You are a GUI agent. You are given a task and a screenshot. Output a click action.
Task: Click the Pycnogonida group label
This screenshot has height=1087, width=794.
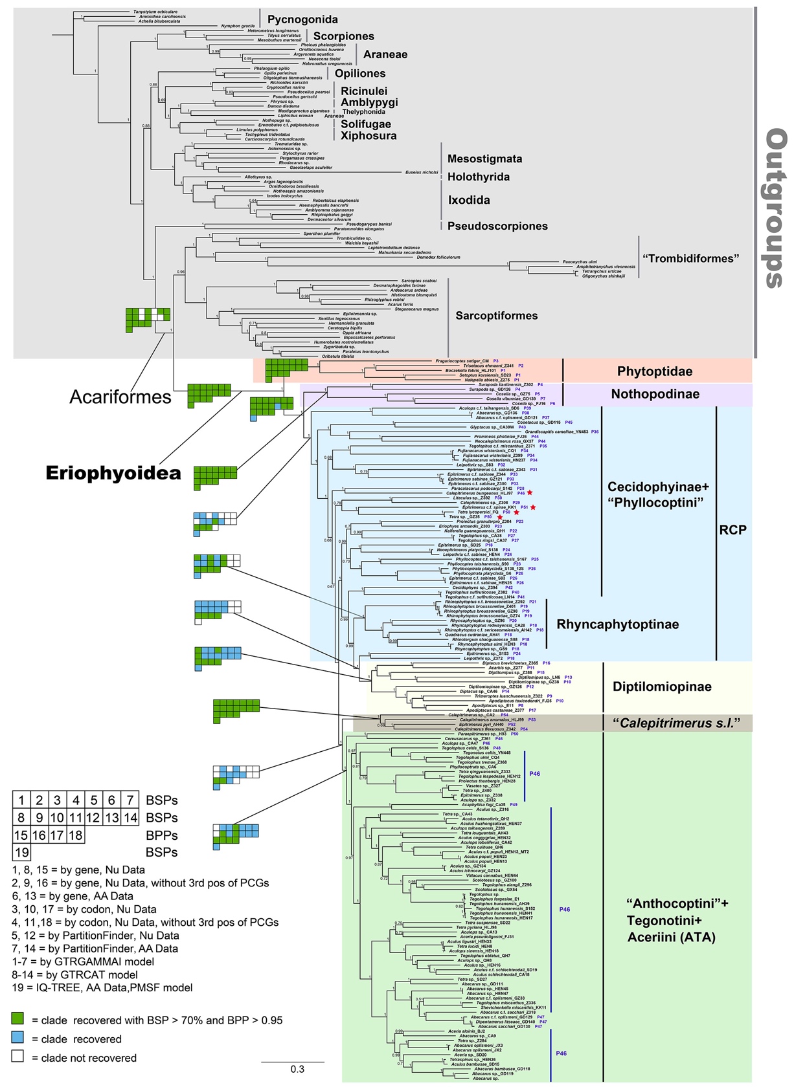pyautogui.click(x=302, y=19)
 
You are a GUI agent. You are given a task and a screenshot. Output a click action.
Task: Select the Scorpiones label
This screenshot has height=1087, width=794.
pyautogui.click(x=344, y=36)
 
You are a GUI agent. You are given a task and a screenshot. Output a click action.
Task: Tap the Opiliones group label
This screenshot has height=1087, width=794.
pyautogui.click(x=360, y=74)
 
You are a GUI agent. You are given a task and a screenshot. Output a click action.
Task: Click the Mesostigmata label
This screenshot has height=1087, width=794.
pyautogui.click(x=484, y=159)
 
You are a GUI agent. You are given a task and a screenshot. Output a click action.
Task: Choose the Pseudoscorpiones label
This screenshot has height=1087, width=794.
pyautogui.click(x=497, y=226)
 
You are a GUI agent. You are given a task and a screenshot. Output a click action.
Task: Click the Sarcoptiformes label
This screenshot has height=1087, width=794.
pyautogui.click(x=497, y=316)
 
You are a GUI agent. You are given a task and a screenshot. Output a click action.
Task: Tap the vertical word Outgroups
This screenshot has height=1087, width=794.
pyautogui.click(x=775, y=207)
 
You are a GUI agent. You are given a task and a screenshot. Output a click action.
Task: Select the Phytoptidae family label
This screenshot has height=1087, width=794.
pyautogui.click(x=655, y=371)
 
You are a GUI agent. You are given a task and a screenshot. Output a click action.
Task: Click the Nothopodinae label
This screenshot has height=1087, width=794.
pyautogui.click(x=655, y=394)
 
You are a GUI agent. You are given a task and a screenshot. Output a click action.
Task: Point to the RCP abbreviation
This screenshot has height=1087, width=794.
pyautogui.click(x=733, y=530)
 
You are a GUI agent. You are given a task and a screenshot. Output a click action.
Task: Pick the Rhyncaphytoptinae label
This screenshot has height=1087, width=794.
pyautogui.click(x=618, y=624)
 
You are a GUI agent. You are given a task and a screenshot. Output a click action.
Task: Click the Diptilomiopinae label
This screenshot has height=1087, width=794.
pyautogui.click(x=662, y=686)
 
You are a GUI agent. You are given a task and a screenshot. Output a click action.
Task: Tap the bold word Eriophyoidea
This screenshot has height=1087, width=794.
pyautogui.click(x=113, y=473)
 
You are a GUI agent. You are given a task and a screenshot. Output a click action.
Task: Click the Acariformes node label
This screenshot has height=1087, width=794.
pyautogui.click(x=121, y=396)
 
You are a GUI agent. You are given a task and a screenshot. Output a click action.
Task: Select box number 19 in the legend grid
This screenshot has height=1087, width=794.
pyautogui.click(x=21, y=852)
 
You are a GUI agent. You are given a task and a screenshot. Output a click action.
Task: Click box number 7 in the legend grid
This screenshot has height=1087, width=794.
pyautogui.click(x=131, y=800)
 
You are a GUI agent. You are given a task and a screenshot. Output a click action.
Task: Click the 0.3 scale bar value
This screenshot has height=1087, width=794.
pyautogui.click(x=297, y=1069)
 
